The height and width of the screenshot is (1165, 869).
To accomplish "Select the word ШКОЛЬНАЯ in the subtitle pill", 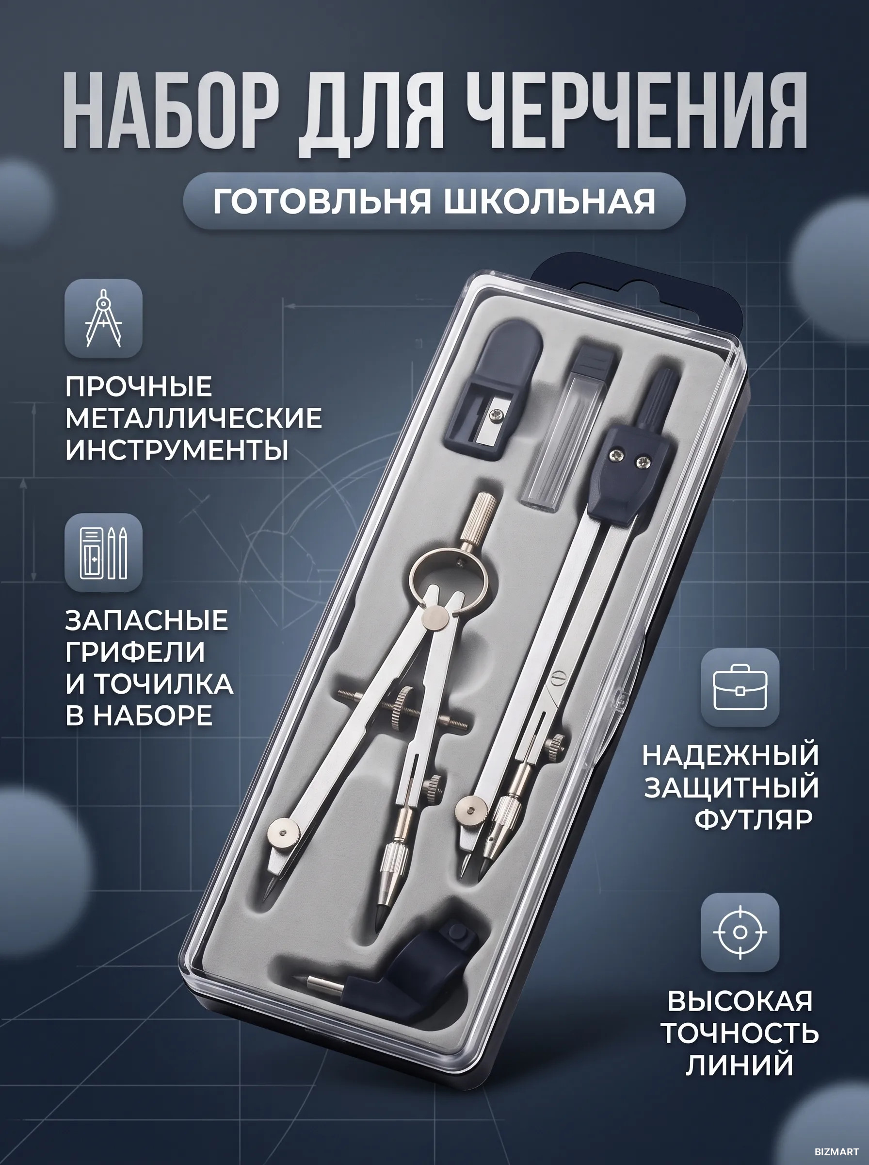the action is tap(550, 201).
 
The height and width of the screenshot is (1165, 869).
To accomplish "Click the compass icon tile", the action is tap(104, 318).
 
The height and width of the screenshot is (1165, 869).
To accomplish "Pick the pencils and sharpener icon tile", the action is tap(104, 552).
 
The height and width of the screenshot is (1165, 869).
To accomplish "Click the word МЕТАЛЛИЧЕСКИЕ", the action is tap(193, 418).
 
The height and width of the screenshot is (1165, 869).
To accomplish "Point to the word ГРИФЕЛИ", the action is tap(135, 652).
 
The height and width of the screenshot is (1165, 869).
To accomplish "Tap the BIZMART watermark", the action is tap(837, 1151).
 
